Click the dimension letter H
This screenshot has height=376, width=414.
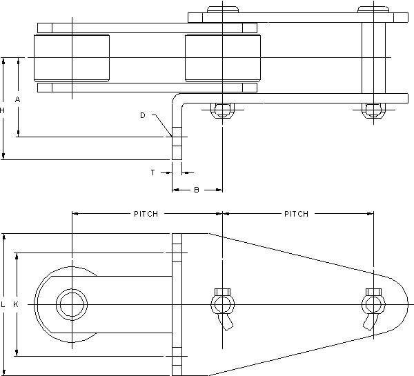click(3, 110)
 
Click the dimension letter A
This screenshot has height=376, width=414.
click(18, 100)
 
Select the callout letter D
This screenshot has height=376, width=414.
click(142, 115)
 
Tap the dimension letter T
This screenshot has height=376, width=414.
click(152, 172)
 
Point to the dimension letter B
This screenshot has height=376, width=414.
click(196, 189)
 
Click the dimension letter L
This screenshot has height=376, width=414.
click(3, 304)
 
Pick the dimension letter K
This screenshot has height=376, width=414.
click(17, 304)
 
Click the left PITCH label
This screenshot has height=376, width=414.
click(146, 214)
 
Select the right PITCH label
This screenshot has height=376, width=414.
click(297, 214)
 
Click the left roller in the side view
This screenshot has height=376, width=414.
click(72, 57)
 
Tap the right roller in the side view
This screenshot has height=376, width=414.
click(221, 57)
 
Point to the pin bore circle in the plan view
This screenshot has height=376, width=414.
click(72, 304)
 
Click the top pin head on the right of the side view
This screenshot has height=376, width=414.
click(372, 10)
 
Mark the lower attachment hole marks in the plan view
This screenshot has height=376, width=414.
click(177, 356)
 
